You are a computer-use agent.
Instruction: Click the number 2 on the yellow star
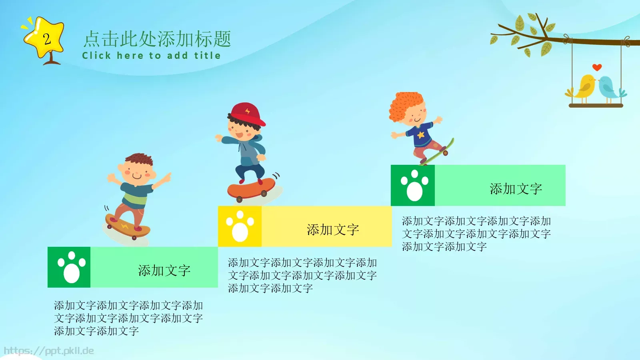(x=47, y=39)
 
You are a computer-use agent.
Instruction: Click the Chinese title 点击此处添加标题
(x=157, y=39)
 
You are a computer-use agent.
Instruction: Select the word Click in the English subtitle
(x=96, y=56)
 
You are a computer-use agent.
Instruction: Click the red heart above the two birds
(x=597, y=67)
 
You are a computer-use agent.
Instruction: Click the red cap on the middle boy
(x=247, y=113)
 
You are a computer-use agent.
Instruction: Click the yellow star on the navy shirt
(x=420, y=135)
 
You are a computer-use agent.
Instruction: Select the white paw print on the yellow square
(x=240, y=226)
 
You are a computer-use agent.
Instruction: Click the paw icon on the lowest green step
(x=71, y=267)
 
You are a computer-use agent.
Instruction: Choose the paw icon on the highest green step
(x=414, y=185)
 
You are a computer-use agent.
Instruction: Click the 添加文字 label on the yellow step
(x=333, y=230)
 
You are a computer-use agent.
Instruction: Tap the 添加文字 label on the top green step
(x=516, y=189)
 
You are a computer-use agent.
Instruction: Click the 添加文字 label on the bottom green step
(x=164, y=270)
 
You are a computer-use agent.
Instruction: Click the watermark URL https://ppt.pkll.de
(x=49, y=351)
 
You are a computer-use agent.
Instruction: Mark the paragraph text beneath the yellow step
(x=302, y=275)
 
